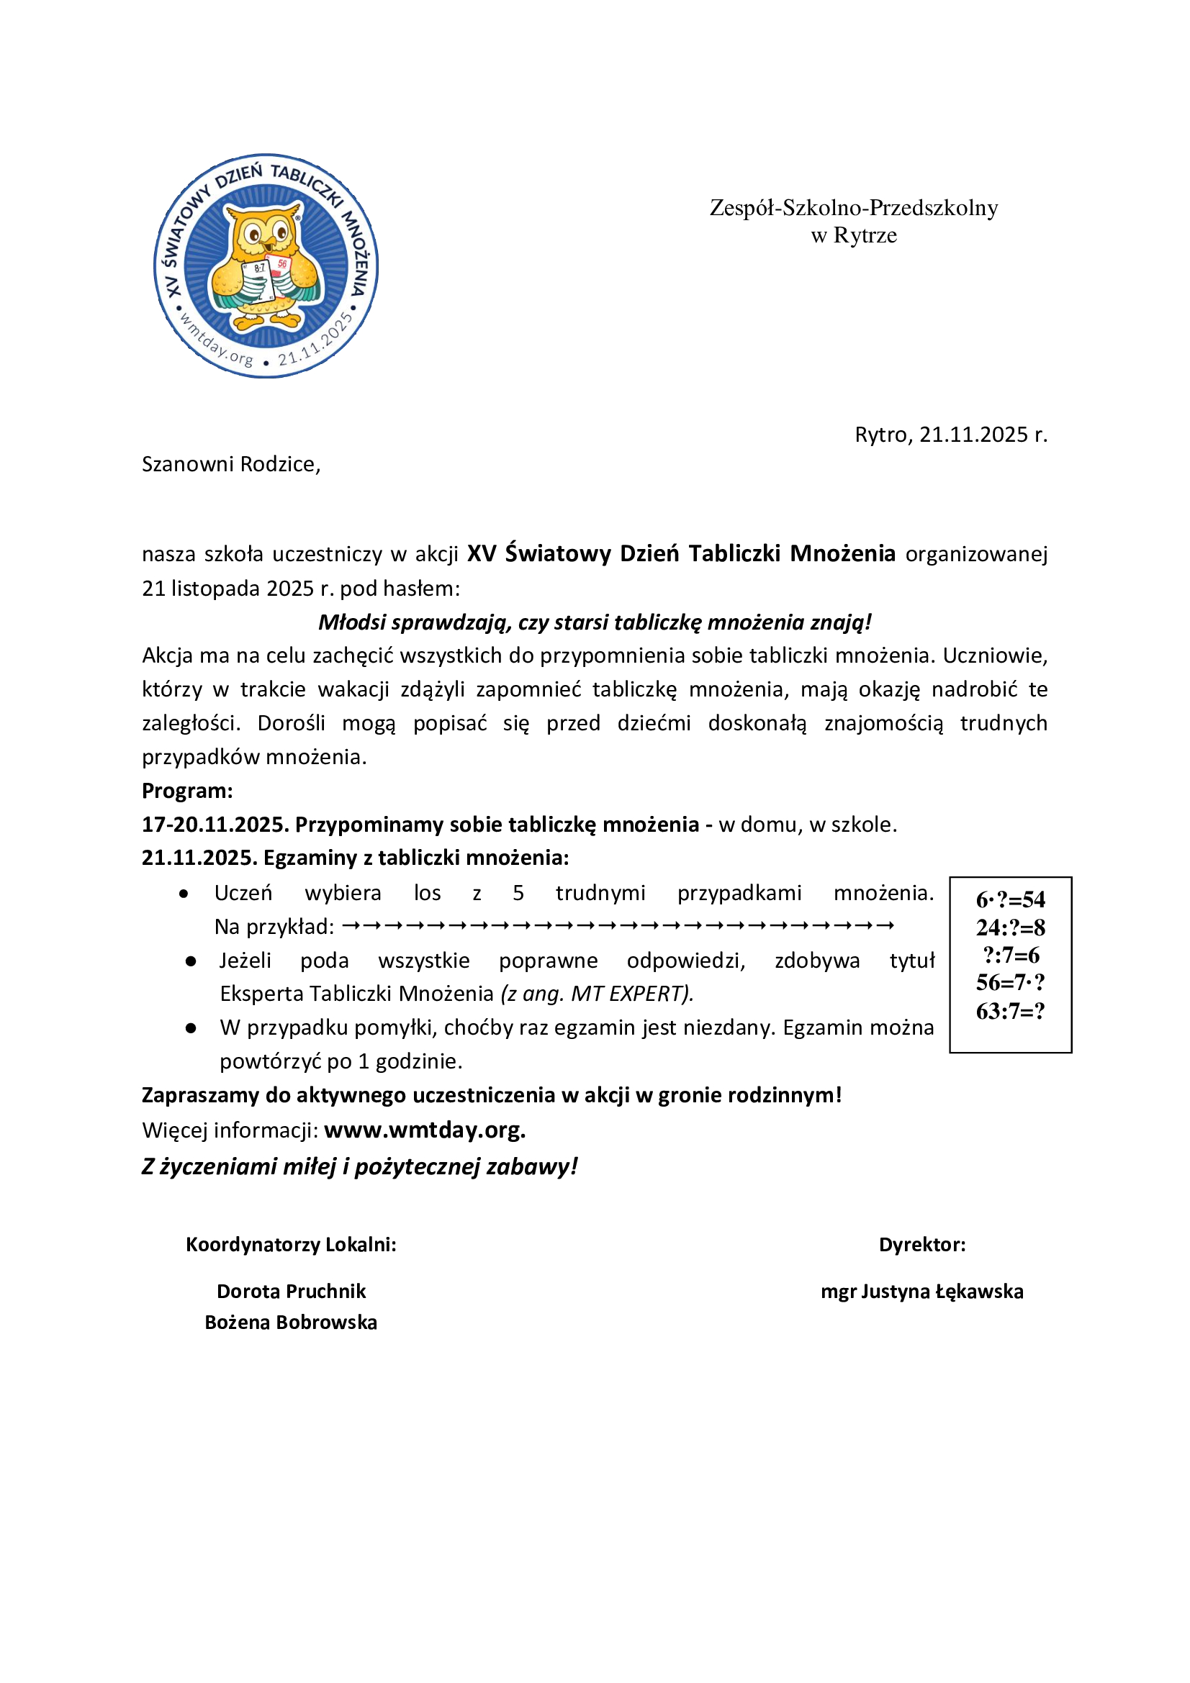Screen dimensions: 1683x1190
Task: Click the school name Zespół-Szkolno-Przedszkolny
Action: [854, 208]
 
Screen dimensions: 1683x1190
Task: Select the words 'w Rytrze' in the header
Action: [854, 236]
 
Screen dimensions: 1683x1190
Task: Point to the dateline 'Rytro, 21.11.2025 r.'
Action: [951, 435]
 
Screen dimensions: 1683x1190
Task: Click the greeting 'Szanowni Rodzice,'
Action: [231, 464]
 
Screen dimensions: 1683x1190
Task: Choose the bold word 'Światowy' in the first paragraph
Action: [557, 553]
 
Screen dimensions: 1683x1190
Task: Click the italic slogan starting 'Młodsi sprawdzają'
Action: [595, 622]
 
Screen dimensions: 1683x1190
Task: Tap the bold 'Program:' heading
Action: [187, 791]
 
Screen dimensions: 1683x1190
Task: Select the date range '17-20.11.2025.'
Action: [215, 825]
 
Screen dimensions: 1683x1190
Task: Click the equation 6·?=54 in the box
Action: [1010, 899]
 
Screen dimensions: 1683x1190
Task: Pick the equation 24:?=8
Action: [1010, 927]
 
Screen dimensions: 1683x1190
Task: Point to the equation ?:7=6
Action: [1010, 955]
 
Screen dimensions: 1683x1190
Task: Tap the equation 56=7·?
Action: [1010, 983]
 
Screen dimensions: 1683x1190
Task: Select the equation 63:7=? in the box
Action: [1010, 1012]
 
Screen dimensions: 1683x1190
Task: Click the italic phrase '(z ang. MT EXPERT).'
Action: [597, 994]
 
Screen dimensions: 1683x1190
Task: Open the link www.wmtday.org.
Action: [425, 1130]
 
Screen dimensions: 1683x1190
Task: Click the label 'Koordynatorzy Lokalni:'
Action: [291, 1245]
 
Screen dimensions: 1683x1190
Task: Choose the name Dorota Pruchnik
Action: [291, 1292]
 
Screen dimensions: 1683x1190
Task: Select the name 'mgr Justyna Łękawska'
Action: [921, 1292]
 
